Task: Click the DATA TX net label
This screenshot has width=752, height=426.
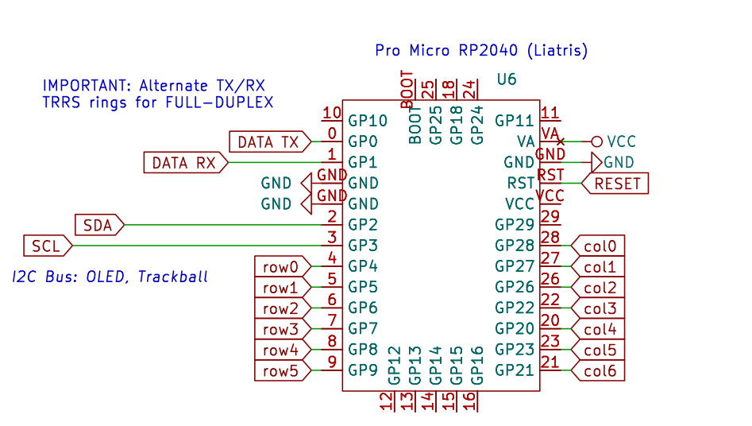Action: tap(268, 142)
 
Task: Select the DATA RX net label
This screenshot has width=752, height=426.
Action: tap(184, 163)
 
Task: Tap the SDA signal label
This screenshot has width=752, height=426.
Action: tap(98, 225)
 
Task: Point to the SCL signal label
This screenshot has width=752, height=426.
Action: tap(46, 246)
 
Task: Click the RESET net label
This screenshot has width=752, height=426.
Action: tap(616, 184)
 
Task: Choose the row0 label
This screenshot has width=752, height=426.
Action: tap(280, 267)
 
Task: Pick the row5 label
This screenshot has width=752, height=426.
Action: tap(280, 370)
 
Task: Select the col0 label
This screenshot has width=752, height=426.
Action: tap(600, 246)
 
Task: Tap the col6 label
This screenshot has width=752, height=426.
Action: tap(600, 370)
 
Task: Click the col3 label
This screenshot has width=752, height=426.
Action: tap(600, 308)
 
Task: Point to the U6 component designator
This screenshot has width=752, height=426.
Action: tap(506, 79)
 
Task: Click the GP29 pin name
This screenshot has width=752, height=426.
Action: tap(515, 225)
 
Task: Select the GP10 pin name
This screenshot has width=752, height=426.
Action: tap(368, 121)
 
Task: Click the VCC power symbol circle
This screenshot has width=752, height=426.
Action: tap(597, 141)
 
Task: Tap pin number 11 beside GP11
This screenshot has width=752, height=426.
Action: tap(550, 113)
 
